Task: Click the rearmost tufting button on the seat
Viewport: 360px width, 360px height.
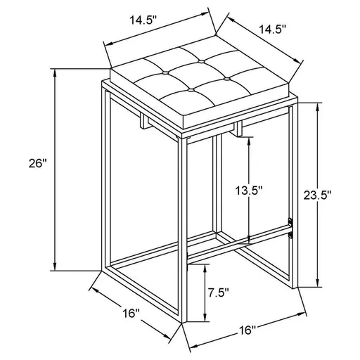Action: [201, 61]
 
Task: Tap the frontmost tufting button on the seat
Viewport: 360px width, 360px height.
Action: [190, 89]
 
